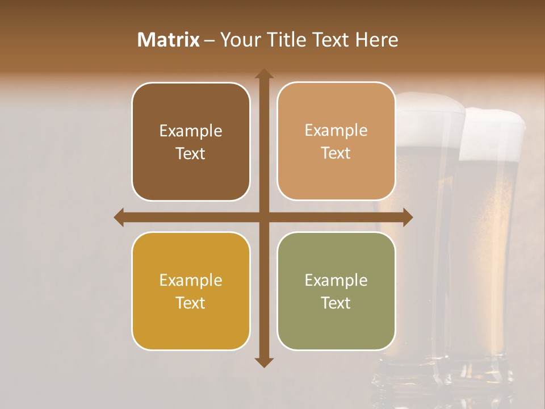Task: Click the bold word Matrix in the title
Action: click(169, 40)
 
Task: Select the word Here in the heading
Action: click(377, 40)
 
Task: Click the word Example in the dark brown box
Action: click(191, 131)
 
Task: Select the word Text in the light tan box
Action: click(336, 153)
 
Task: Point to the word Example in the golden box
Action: click(191, 280)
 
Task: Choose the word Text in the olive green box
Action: click(336, 303)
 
